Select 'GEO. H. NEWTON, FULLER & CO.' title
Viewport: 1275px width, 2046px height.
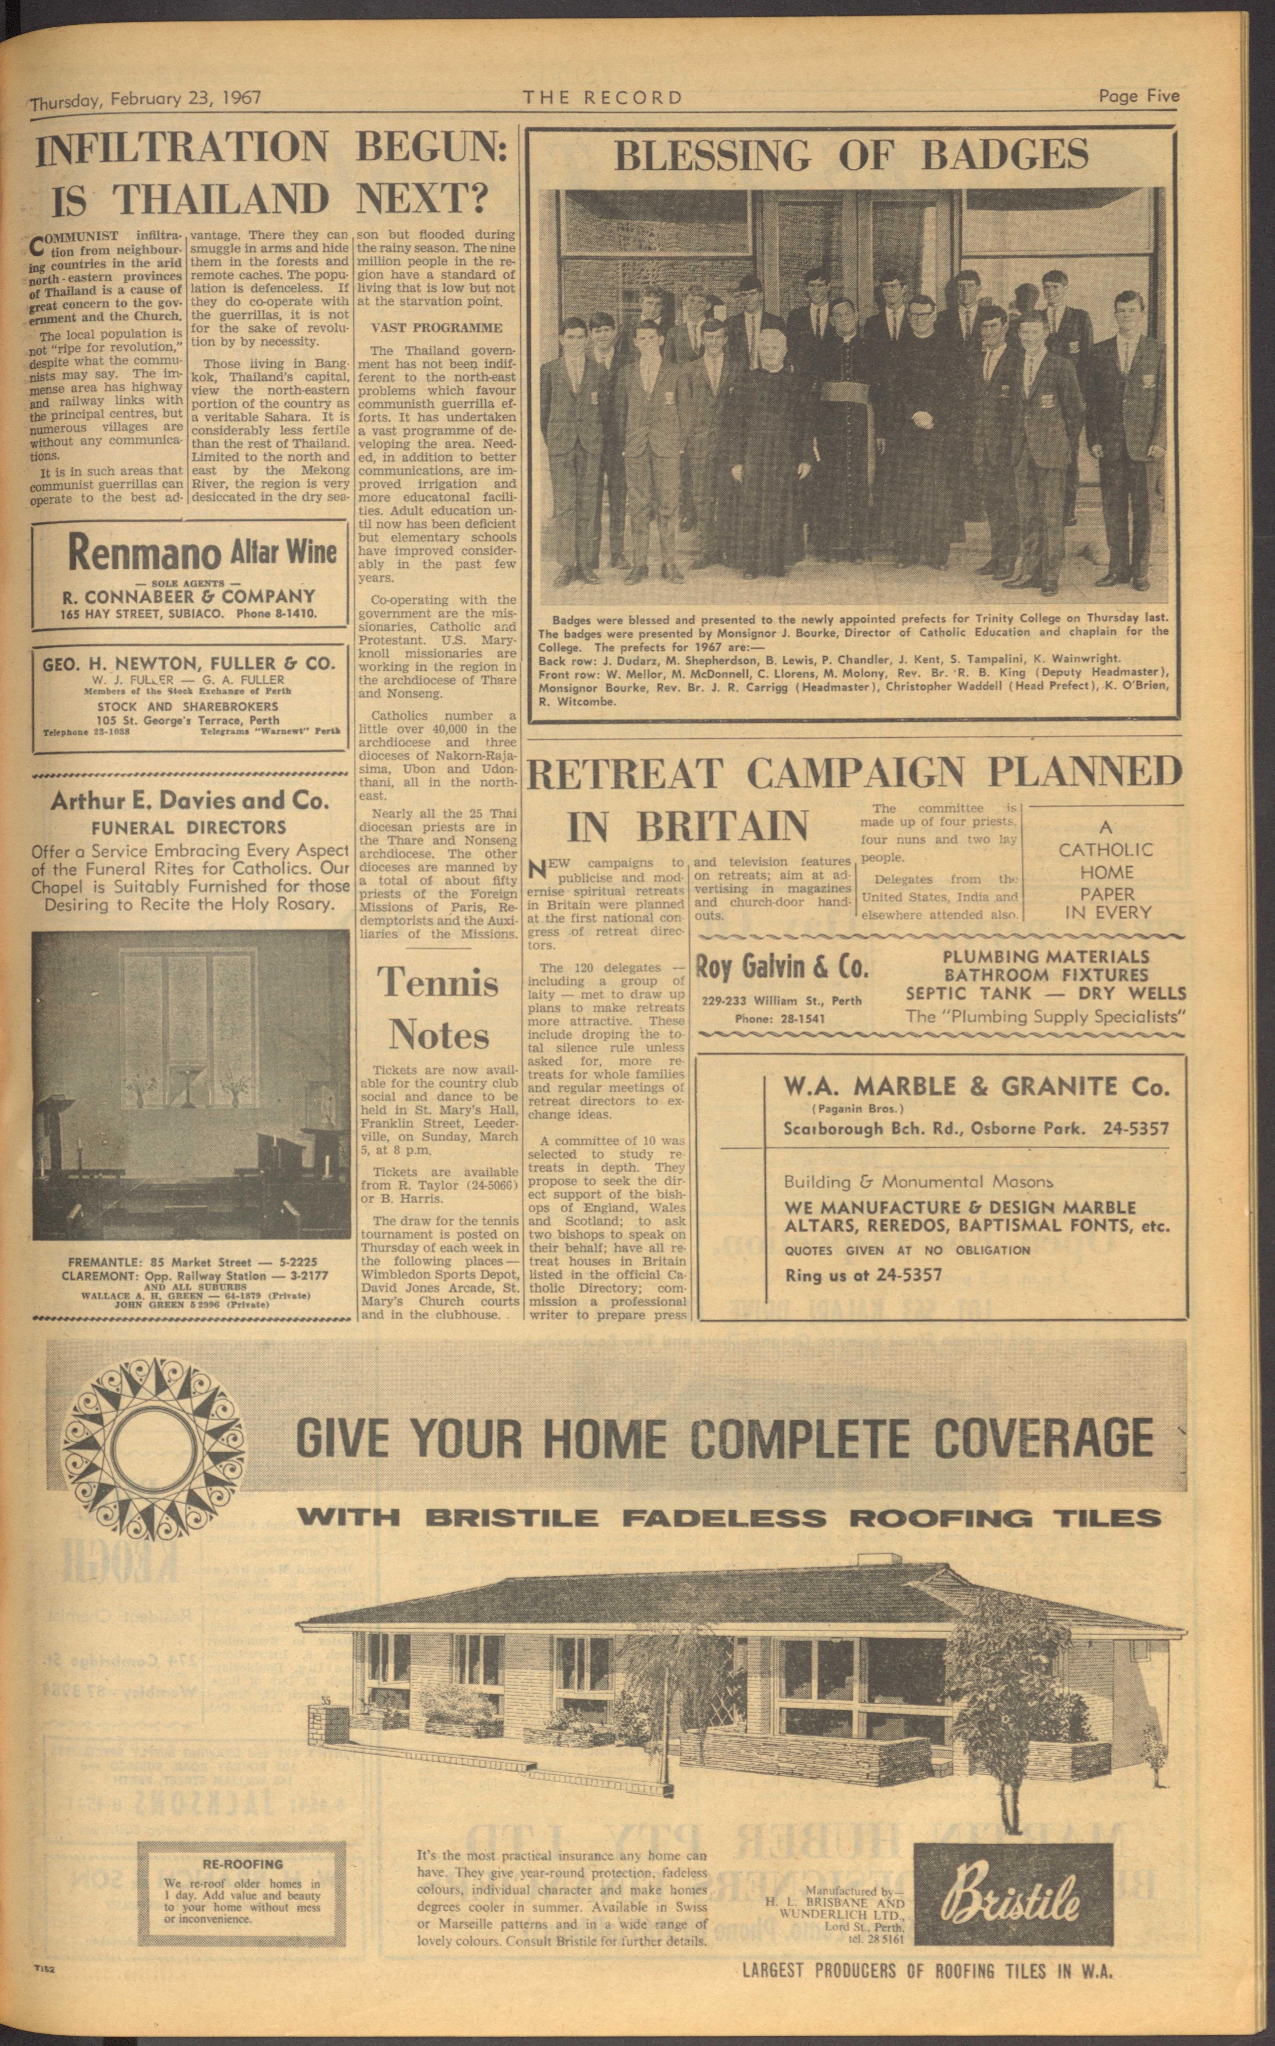pos(189,663)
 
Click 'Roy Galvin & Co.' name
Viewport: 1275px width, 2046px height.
pos(781,968)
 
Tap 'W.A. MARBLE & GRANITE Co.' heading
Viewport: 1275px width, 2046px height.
pos(977,1087)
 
